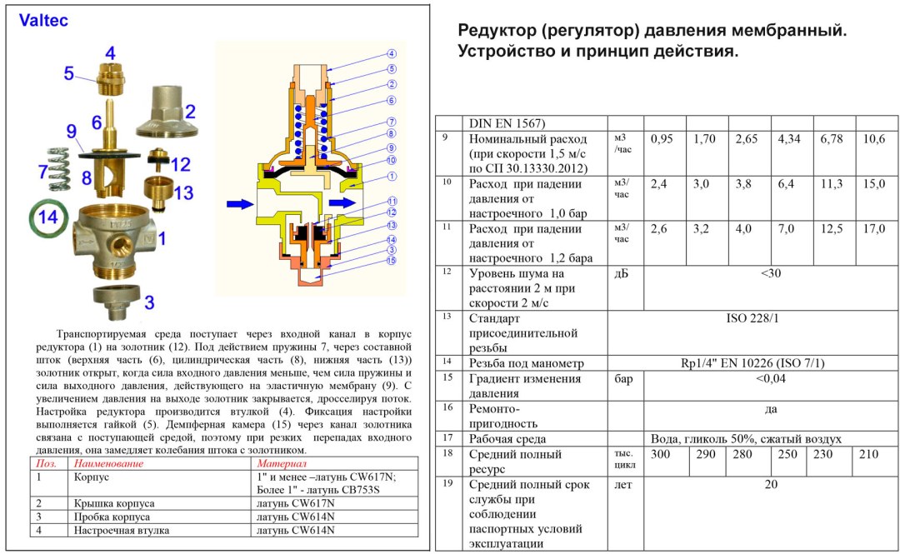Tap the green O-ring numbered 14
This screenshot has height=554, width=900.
pyautogui.click(x=47, y=219)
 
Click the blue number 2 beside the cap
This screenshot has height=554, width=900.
pyautogui.click(x=189, y=111)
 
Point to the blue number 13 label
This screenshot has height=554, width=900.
pyautogui.click(x=183, y=193)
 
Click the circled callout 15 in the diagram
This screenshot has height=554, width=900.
pyautogui.click(x=391, y=260)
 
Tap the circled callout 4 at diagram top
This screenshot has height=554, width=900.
pyautogui.click(x=391, y=53)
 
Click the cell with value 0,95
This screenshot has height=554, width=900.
pyautogui.click(x=661, y=139)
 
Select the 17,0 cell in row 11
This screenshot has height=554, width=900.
pyautogui.click(x=873, y=229)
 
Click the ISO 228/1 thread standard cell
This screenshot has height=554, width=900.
pyautogui.click(x=752, y=318)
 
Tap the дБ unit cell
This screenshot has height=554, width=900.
pyautogui.click(x=622, y=274)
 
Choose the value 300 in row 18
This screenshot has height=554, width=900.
pyautogui.click(x=661, y=454)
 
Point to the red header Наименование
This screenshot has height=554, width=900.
pyautogui.click(x=108, y=463)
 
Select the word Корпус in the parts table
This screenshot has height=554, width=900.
pyautogui.click(x=92, y=477)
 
